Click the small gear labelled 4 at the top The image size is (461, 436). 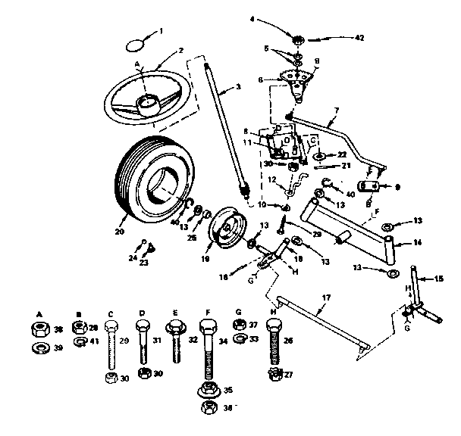297,36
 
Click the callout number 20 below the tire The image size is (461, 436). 120,232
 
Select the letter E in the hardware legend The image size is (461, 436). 174,311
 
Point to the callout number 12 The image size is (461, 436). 271,180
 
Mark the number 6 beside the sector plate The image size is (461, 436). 281,78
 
